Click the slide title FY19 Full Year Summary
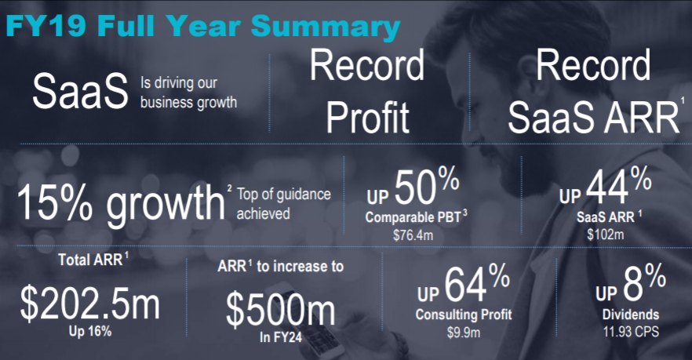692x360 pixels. (x=203, y=27)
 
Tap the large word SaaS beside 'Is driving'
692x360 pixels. (x=80, y=91)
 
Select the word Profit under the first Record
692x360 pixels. (x=368, y=117)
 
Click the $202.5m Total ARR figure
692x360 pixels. (x=90, y=304)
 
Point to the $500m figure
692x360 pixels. (x=281, y=309)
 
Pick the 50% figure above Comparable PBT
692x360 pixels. (x=427, y=187)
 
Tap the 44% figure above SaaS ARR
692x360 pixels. (x=619, y=186)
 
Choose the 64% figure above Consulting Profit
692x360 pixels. (x=477, y=283)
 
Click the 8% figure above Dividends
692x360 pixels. (x=644, y=282)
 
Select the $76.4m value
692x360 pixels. (x=413, y=235)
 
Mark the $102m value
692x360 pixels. (x=606, y=235)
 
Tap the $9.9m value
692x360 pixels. (x=464, y=333)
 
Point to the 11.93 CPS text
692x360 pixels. (x=631, y=331)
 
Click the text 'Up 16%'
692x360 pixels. (x=90, y=331)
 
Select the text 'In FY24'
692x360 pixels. (x=281, y=337)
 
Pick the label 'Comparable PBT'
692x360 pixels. (x=413, y=217)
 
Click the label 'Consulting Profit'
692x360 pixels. (x=464, y=314)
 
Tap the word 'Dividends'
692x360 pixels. (x=631, y=314)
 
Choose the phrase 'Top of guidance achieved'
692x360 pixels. (x=284, y=204)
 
